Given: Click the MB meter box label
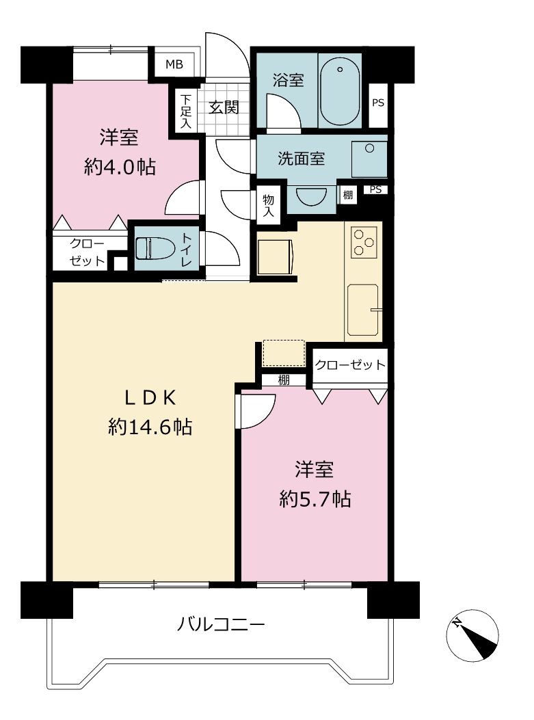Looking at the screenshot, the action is click(x=174, y=64).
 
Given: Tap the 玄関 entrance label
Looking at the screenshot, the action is click(x=224, y=107).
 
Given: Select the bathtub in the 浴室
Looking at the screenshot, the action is click(x=340, y=91).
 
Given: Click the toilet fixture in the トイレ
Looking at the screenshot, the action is click(x=155, y=248).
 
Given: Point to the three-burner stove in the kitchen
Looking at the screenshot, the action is click(x=364, y=241).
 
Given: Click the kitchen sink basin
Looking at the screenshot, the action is click(x=363, y=310).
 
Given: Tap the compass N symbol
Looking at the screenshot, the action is click(x=457, y=623).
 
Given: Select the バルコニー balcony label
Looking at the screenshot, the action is click(x=221, y=624).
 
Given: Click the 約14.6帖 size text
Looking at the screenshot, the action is click(x=150, y=427).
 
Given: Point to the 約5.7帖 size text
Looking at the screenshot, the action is click(x=315, y=498).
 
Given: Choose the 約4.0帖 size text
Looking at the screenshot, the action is click(x=120, y=167).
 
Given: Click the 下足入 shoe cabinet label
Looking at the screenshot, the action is click(x=185, y=111).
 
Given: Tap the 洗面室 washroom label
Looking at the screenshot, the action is click(x=302, y=159).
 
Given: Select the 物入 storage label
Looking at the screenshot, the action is click(x=268, y=205).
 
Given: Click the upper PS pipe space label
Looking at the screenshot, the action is click(x=378, y=103).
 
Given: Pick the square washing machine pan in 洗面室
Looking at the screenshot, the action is click(x=369, y=159).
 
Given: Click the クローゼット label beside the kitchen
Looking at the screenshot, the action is click(x=350, y=364).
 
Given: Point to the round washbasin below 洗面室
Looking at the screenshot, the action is click(x=311, y=196).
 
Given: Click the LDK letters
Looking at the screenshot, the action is click(x=150, y=399).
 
